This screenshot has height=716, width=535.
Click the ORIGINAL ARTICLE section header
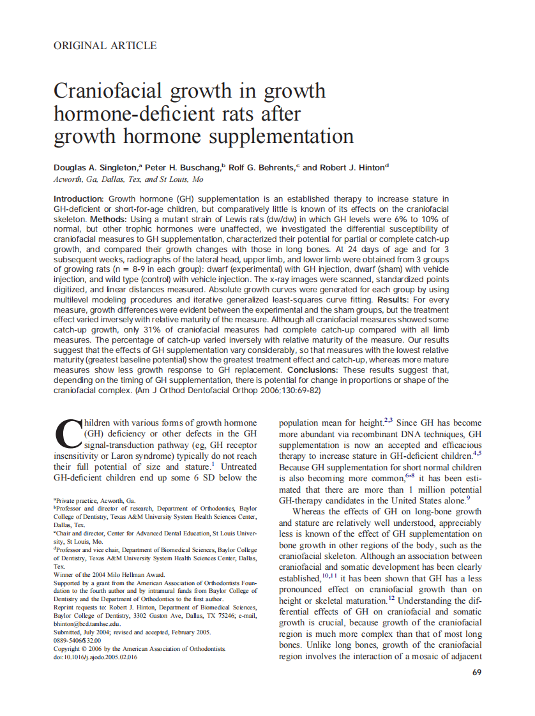pos(105,45)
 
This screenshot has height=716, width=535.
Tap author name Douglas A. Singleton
pos(96,168)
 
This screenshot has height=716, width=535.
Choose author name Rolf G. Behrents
pos(261,168)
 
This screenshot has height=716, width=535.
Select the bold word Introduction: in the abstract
pos(79,199)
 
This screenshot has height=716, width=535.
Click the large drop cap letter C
pos(67,434)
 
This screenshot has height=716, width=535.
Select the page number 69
pos(476,672)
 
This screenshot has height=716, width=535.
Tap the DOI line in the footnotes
pos(95,657)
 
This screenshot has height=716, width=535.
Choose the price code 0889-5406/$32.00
pos(78,640)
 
